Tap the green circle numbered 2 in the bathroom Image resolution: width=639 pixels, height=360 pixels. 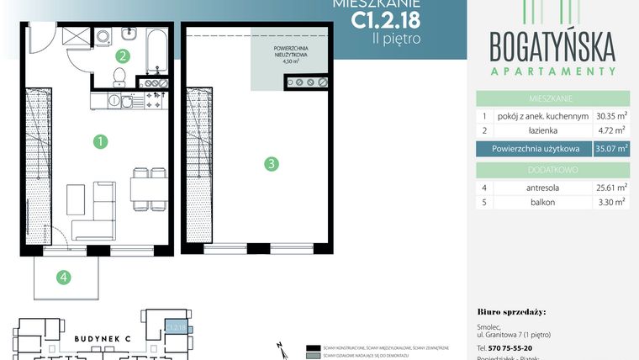[123, 57]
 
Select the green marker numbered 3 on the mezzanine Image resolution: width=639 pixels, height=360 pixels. [271, 164]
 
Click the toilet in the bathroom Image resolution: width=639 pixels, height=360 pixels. [119, 78]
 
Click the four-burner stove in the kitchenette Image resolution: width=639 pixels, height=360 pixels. [155, 101]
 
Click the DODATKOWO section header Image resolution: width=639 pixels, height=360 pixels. [552, 169]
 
